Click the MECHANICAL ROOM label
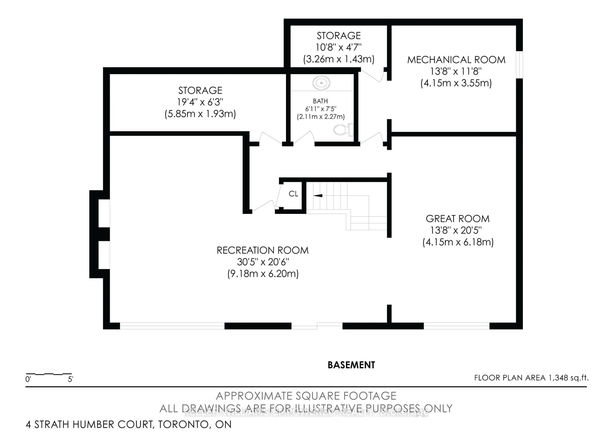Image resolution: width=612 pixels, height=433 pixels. coord(456,60)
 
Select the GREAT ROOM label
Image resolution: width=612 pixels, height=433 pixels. coord(457,219)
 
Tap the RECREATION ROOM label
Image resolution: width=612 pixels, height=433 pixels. coord(262,250)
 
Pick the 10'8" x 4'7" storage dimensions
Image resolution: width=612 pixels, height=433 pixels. coord(339,47)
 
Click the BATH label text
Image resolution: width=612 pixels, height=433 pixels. coord(320,101)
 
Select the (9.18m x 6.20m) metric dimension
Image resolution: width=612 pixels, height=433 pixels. coord(263,274)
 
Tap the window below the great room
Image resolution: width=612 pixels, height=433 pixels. coord(456,326)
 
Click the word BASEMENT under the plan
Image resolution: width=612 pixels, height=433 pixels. coord(351,365)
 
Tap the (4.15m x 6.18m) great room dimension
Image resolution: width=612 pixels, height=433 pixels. coord(458,242)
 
